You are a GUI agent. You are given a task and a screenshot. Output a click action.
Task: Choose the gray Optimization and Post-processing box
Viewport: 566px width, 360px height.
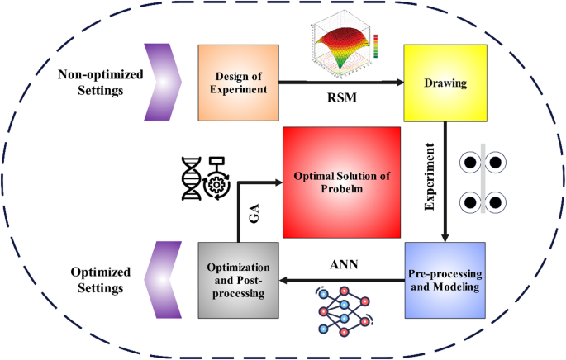point(237,280)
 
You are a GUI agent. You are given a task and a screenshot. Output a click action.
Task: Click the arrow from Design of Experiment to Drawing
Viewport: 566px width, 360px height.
point(339,83)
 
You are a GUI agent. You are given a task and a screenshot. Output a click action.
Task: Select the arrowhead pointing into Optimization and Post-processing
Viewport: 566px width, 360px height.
point(284,281)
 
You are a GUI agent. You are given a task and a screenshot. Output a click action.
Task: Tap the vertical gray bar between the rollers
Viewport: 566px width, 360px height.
point(483,180)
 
